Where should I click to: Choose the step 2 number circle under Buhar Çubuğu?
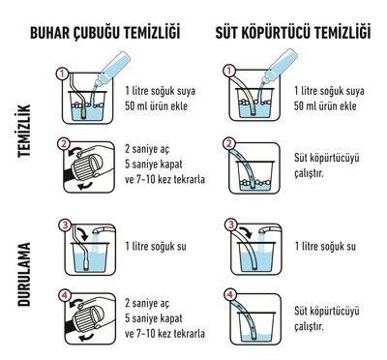(x=63, y=146)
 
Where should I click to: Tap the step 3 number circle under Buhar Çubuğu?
(x=63, y=225)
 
